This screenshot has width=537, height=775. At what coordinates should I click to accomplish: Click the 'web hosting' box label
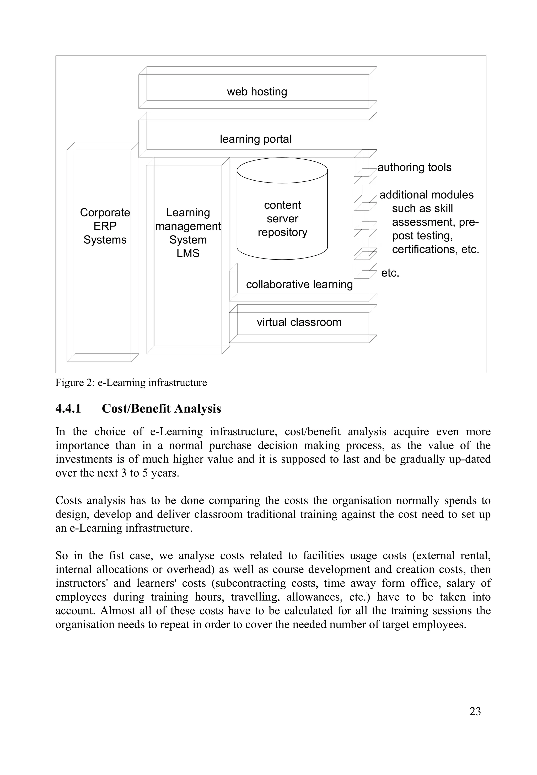pos(257,92)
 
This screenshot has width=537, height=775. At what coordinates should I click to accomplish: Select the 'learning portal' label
pos(255,139)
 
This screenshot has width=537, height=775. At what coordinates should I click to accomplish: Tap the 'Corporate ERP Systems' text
pos(105,226)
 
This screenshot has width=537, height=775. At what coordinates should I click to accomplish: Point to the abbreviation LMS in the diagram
pos(188,253)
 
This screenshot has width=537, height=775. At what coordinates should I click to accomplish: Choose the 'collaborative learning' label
pos(299,284)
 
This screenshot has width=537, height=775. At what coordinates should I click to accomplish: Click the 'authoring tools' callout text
pos(414,167)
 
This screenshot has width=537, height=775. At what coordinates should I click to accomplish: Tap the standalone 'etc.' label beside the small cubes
pos(390,273)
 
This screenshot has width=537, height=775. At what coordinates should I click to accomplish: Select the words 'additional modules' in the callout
pos(426,195)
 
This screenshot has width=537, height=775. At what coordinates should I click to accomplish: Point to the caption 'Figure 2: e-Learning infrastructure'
pos(131,383)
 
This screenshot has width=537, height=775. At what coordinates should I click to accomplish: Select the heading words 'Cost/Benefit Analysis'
pos(161,408)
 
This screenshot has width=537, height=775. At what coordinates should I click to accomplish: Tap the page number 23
pos(475,712)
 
